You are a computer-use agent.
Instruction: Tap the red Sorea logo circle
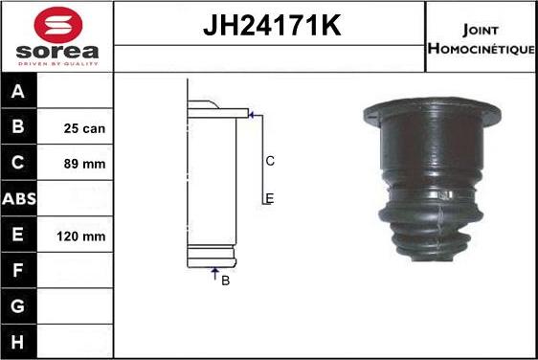56,24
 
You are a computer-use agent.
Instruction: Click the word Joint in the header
480,28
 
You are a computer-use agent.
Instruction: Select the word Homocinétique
481,48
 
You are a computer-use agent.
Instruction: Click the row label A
19,92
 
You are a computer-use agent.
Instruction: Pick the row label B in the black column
19,127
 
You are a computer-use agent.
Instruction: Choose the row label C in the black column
19,164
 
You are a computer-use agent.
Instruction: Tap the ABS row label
19,199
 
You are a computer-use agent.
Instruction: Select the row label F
19,271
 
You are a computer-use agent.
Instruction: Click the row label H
19,342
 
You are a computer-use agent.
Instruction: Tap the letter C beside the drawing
270,161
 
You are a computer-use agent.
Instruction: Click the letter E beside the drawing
270,198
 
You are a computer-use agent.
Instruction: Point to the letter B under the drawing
225,281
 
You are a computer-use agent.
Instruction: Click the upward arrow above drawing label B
214,273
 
